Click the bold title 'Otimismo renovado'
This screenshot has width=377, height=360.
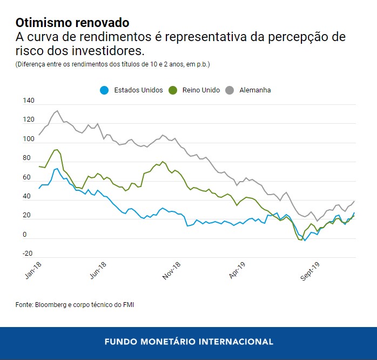tap(72, 23)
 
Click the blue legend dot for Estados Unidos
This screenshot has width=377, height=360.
tap(105, 90)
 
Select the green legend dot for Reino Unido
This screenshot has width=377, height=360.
tap(173, 90)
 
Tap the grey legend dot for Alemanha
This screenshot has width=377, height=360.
tap(229, 90)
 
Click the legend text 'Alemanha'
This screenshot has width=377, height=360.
tap(255, 90)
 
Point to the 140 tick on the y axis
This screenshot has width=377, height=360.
tap(28, 101)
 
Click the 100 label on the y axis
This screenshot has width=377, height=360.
tap(28, 139)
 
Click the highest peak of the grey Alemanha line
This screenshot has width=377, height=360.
tap(57, 111)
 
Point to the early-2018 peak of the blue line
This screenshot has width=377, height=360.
tap(57, 169)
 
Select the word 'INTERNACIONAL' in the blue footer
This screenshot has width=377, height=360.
tap(236, 342)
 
